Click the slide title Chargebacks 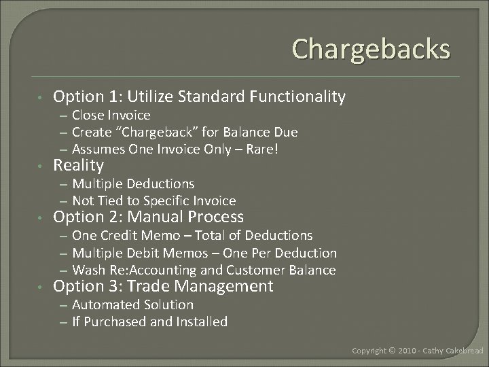[x=371, y=49]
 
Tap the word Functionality [x=297, y=97]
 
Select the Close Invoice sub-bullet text [x=111, y=116]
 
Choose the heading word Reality [x=79, y=166]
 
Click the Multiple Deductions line [x=133, y=183]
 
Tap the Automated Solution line [x=132, y=304]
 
